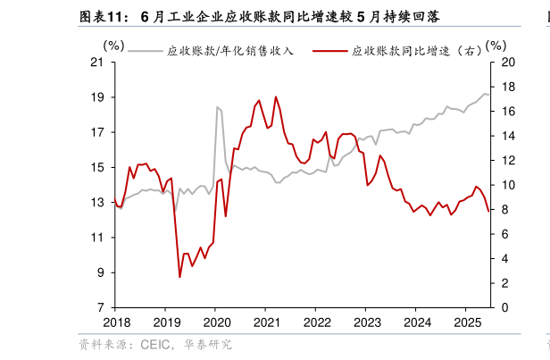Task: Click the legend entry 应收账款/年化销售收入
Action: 230,51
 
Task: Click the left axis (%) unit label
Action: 114,45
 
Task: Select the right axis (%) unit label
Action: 496,45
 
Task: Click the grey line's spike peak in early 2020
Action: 216,107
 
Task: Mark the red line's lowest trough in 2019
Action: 179,277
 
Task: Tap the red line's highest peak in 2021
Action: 276,96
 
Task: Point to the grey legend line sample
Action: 146,51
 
